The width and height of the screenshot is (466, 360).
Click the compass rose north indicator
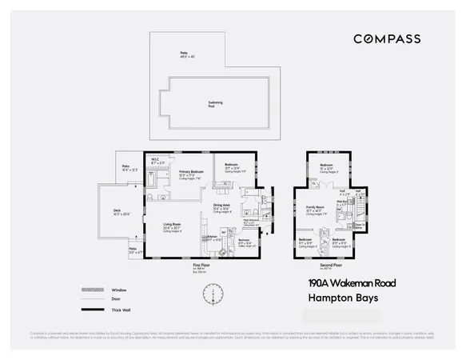pyautogui.click(x=213, y=296)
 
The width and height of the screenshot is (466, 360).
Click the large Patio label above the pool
pyautogui.click(x=183, y=54)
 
